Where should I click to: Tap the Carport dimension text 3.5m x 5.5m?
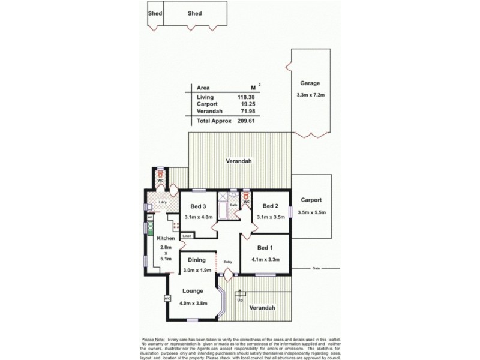click(x=311, y=212)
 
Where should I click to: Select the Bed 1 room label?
click(x=264, y=248)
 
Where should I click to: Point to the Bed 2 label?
click(x=271, y=205)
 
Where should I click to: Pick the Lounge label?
click(x=193, y=291)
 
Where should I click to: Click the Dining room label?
click(x=197, y=260)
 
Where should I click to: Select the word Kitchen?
click(x=166, y=238)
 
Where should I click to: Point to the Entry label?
click(x=227, y=262)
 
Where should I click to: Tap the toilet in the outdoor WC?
click(x=160, y=173)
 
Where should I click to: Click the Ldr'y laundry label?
click(x=162, y=202)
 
